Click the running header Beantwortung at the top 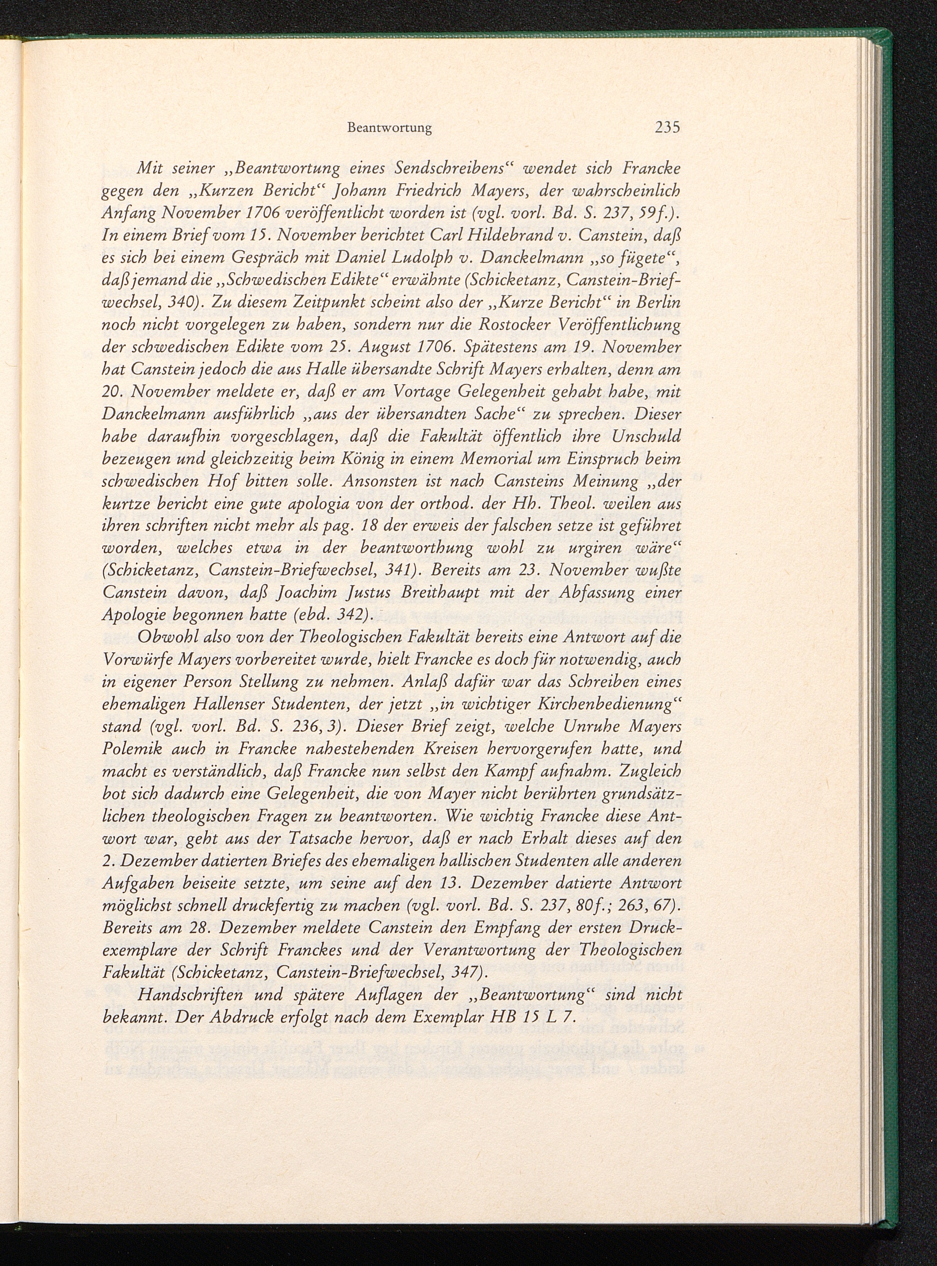click(x=389, y=129)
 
